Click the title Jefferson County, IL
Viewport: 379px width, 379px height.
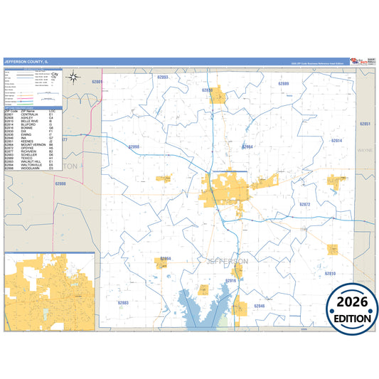[31, 63]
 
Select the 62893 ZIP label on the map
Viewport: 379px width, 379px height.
[163, 77]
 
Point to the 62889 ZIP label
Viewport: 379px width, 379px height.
[284, 84]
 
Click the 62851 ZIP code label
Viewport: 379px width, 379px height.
[365, 124]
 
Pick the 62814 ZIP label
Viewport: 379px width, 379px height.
[336, 141]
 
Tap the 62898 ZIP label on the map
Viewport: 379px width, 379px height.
[134, 146]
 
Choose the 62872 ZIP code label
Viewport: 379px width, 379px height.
[304, 204]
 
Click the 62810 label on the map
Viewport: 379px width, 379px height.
[330, 274]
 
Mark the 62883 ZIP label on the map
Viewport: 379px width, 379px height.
[123, 303]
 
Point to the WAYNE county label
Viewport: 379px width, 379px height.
[364, 151]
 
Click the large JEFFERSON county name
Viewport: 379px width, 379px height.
[227, 262]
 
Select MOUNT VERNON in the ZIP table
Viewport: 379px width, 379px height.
[35, 144]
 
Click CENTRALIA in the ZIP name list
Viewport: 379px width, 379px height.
[33, 114]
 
